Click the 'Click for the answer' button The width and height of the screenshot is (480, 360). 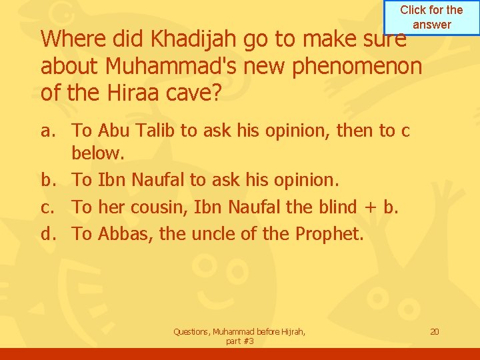[x=431, y=17]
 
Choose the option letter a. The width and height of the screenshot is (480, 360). [x=47, y=131]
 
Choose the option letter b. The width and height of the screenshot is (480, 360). [x=47, y=180]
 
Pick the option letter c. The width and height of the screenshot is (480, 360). [x=47, y=207]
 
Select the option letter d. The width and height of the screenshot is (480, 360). [x=47, y=234]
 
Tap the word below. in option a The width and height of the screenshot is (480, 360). [x=98, y=155]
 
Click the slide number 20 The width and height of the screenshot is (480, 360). [x=434, y=331]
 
